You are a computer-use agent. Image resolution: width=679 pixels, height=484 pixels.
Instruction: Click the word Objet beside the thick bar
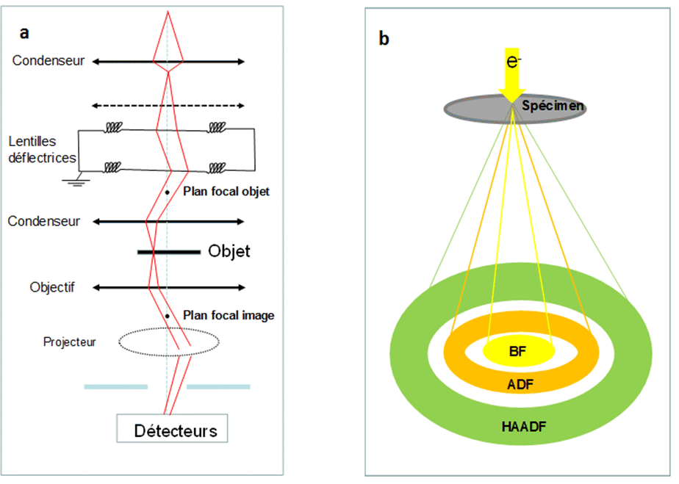pos(229,252)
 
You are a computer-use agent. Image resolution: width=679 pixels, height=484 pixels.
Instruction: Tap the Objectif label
pos(52,287)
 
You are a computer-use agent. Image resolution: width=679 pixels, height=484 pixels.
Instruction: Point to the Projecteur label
pos(70,342)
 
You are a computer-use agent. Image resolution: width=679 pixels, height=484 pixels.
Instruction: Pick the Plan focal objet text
pos(226,192)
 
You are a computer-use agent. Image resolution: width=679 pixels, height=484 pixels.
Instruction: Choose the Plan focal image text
pos(229,316)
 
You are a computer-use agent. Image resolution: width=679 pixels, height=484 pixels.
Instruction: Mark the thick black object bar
pos(169,253)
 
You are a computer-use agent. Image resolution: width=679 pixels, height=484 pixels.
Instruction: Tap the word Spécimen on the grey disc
pos(553,106)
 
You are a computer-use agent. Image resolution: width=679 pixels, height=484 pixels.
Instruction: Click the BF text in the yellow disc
pos(517,353)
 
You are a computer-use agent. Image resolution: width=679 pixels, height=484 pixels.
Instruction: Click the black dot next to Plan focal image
pos(168,316)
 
